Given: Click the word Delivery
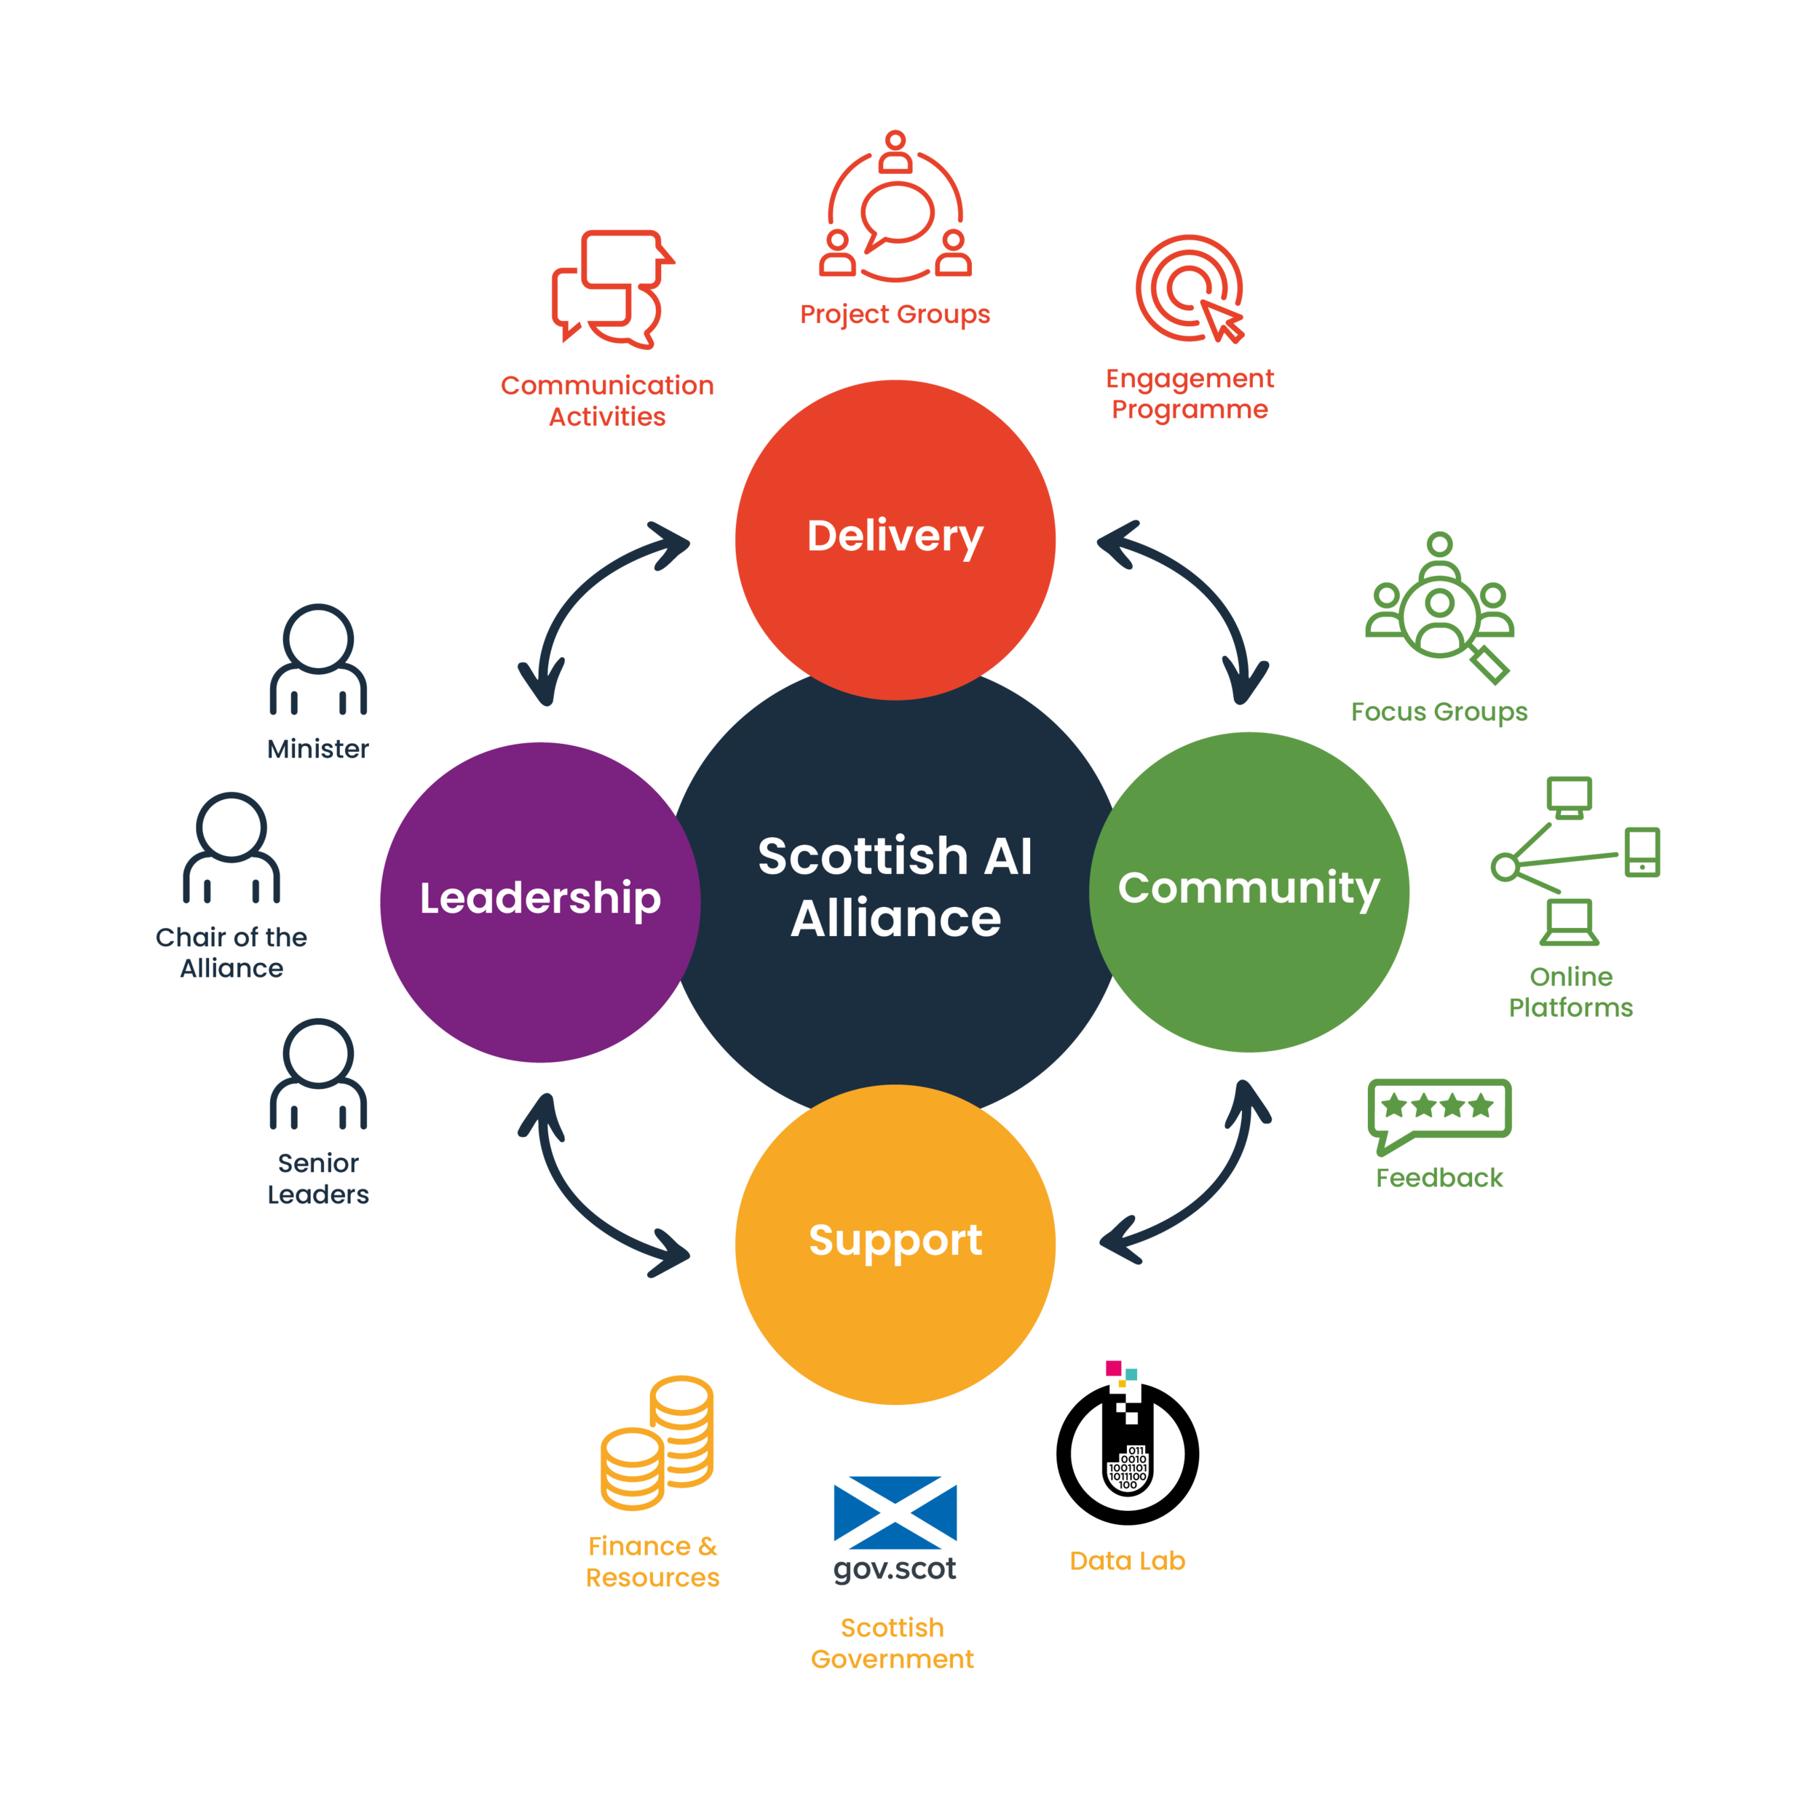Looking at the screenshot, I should [x=895, y=537].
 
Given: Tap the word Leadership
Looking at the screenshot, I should [x=539, y=900].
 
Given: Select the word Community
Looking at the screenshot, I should [x=1249, y=888].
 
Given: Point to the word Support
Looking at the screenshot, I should [x=895, y=1240].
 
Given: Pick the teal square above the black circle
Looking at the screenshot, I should [x=1133, y=1381].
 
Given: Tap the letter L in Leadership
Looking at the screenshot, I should [x=430, y=899].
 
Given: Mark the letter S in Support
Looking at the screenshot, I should [x=823, y=1240].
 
